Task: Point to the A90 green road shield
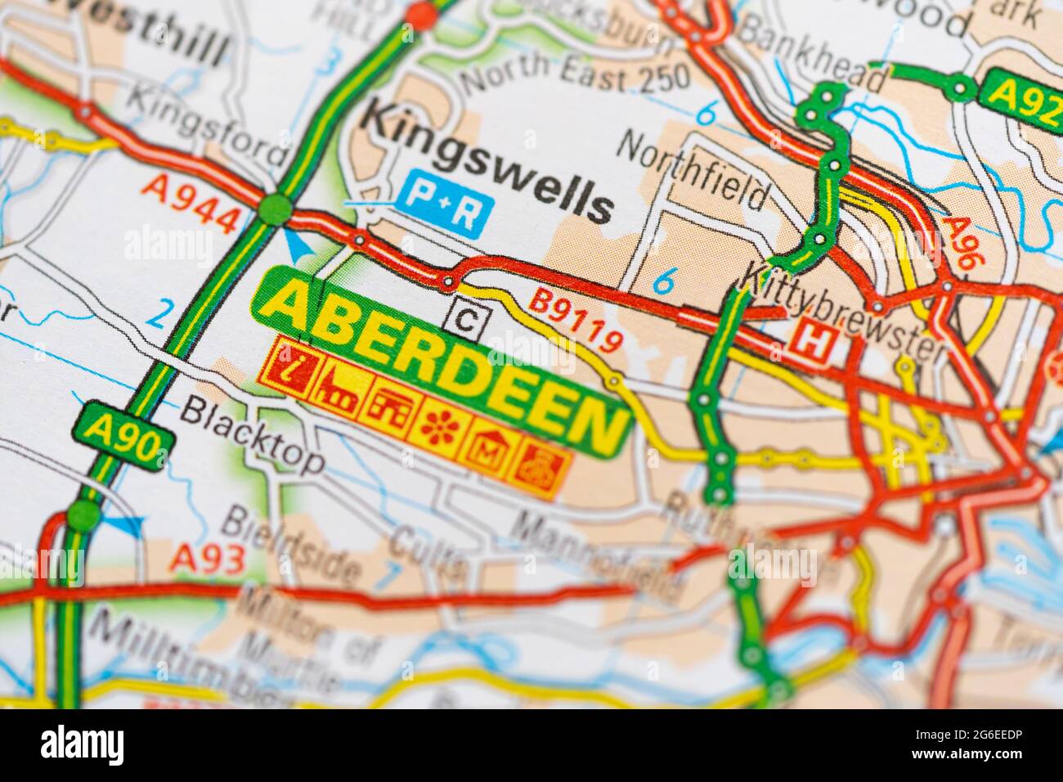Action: pos(123,438)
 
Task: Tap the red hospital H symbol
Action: pos(814,341)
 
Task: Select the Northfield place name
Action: pos(693,169)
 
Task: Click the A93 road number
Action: pos(208,559)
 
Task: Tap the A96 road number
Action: pos(960,242)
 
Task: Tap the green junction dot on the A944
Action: pos(274,209)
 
